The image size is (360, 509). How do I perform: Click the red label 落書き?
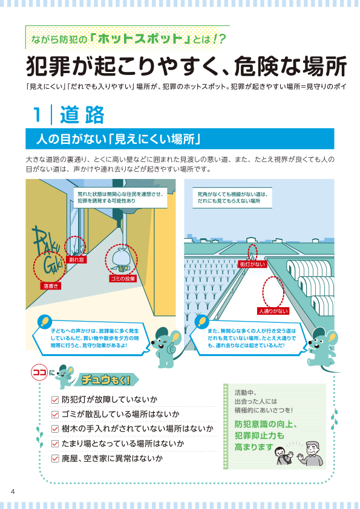51,286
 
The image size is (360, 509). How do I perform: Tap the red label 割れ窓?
77,260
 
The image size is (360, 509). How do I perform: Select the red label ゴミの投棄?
122,279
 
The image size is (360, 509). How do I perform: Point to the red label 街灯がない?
252,264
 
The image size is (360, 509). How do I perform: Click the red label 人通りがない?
273,311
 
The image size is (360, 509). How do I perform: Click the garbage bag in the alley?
122,259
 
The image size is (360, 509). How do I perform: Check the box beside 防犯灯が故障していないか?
55,400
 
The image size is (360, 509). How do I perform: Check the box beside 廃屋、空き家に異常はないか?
55,459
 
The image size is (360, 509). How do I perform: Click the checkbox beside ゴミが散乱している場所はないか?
55,415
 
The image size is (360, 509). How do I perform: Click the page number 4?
13,491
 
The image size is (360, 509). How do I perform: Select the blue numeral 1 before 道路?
38,115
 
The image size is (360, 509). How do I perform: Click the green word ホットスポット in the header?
140,39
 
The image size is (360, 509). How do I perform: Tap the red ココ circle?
40,372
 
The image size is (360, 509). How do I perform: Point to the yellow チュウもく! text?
106,380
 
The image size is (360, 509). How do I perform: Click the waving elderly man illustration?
311,453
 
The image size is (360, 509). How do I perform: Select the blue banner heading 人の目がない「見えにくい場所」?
118,139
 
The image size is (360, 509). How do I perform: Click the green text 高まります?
254,447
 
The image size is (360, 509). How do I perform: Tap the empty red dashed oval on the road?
273,291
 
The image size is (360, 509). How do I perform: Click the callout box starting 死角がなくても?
232,198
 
